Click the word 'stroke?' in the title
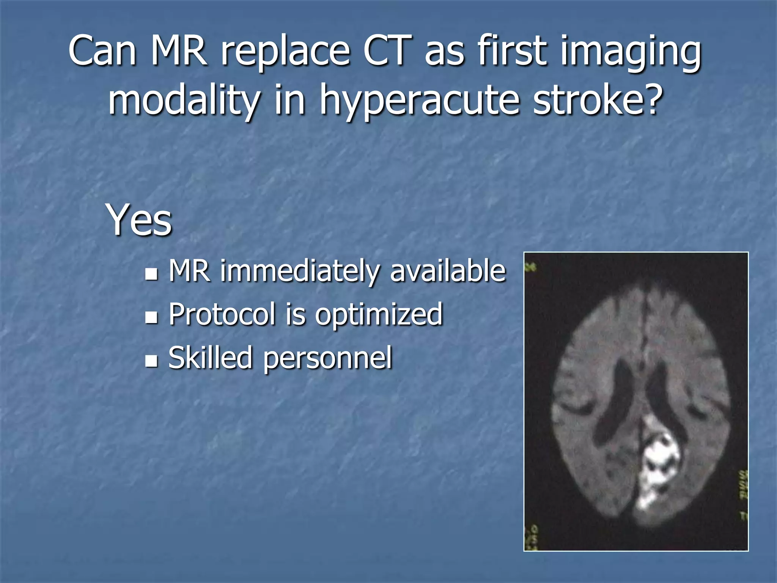pyautogui.click(x=598, y=99)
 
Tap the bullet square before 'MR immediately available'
pyautogui.click(x=151, y=274)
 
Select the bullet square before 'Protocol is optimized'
pyautogui.click(x=151, y=317)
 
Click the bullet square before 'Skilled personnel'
pyautogui.click(x=151, y=361)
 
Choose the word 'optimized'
pyautogui.click(x=379, y=315)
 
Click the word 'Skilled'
pyautogui.click(x=210, y=358)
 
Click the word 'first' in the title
pyautogui.click(x=513, y=50)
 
